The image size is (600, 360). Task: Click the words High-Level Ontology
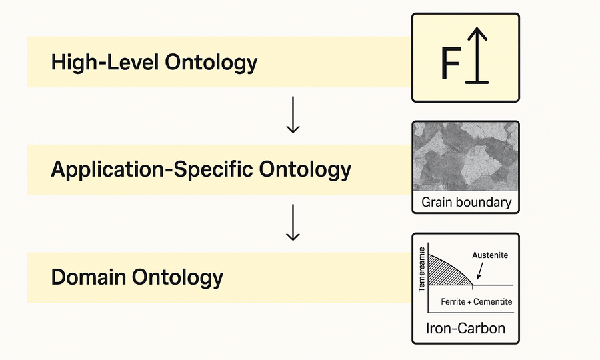(x=154, y=63)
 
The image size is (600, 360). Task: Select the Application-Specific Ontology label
(x=201, y=169)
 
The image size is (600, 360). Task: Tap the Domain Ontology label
(x=137, y=277)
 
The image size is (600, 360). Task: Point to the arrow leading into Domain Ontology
(x=292, y=224)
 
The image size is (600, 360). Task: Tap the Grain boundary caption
(x=466, y=202)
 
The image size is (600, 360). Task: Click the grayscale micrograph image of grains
(x=465, y=156)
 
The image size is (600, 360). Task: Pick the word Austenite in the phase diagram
(x=491, y=255)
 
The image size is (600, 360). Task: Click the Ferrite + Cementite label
(x=477, y=302)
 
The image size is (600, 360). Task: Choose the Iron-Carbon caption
(x=465, y=328)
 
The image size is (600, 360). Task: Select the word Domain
(x=91, y=277)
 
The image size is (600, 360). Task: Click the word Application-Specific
(x=151, y=169)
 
